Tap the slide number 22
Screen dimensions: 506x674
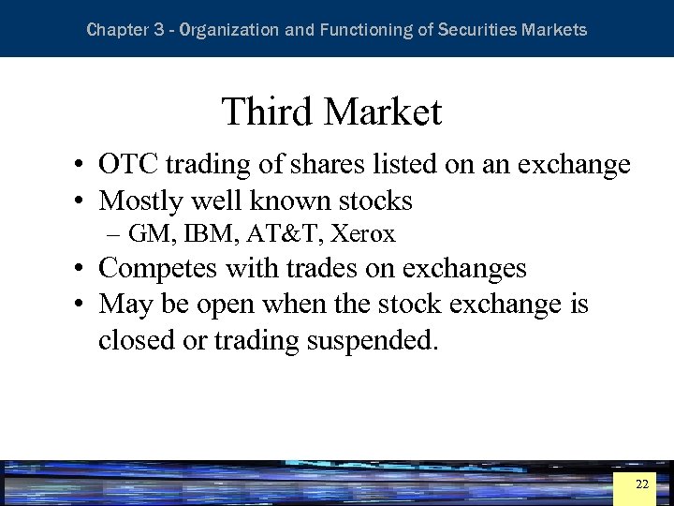[x=641, y=484]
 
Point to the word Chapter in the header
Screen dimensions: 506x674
[x=114, y=30]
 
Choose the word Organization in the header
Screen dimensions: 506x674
[x=228, y=30]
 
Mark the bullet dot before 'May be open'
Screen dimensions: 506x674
[x=83, y=305]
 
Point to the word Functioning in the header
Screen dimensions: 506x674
[x=365, y=30]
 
